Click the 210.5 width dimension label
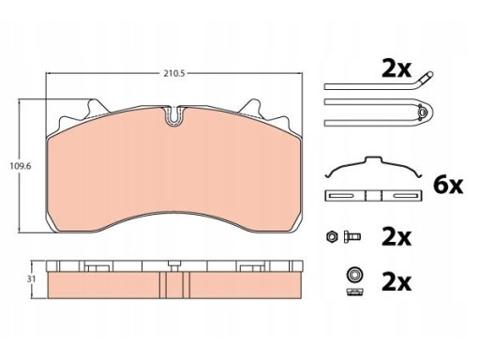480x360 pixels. click(x=174, y=73)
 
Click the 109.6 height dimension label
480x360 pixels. click(x=21, y=166)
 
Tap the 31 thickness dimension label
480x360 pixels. click(x=31, y=279)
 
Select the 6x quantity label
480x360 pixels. click(x=448, y=186)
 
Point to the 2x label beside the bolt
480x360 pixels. click(x=397, y=237)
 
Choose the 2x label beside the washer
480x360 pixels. click(x=397, y=282)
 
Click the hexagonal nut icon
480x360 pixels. click(x=331, y=236)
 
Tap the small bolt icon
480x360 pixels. click(x=352, y=236)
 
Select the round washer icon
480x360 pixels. click(x=354, y=275)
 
